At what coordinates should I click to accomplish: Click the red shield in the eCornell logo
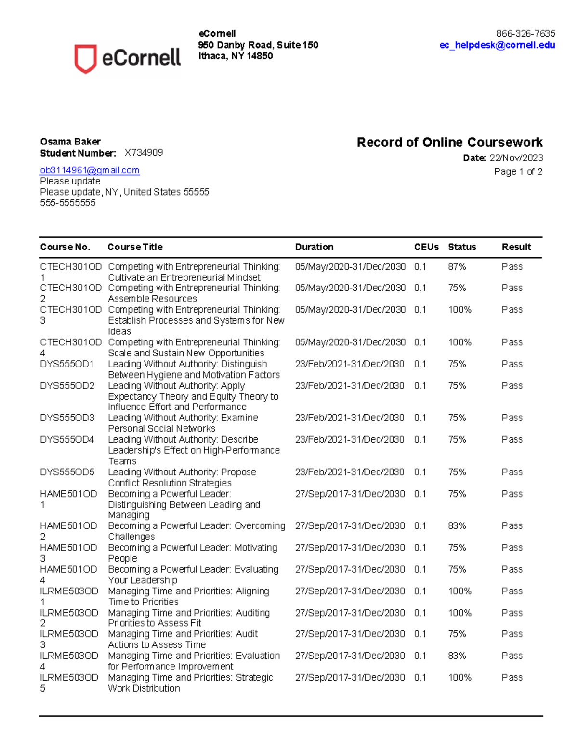point(85,58)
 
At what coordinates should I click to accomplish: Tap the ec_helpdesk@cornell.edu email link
point(497,45)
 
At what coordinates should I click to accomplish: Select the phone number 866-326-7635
point(525,34)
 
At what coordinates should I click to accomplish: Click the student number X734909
point(144,153)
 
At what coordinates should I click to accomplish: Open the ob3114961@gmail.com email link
point(90,170)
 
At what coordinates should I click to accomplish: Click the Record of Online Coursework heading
point(449,143)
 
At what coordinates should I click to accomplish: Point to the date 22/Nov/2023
point(516,158)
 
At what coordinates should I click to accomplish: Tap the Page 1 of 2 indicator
point(518,171)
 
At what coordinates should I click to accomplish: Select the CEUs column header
point(426,247)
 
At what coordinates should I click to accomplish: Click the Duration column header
point(314,247)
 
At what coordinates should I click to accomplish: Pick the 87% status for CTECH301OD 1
point(457,267)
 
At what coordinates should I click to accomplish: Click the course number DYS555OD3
point(67,418)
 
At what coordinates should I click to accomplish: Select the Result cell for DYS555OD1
point(512,364)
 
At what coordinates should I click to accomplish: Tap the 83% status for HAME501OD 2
point(457,526)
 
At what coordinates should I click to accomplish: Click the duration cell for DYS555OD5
point(350,472)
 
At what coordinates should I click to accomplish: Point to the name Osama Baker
point(70,142)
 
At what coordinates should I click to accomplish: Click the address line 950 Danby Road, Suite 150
point(258,45)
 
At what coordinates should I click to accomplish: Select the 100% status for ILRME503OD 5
point(460,678)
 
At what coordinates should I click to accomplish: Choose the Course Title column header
point(135,247)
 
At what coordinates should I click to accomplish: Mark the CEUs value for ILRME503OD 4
point(420,656)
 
